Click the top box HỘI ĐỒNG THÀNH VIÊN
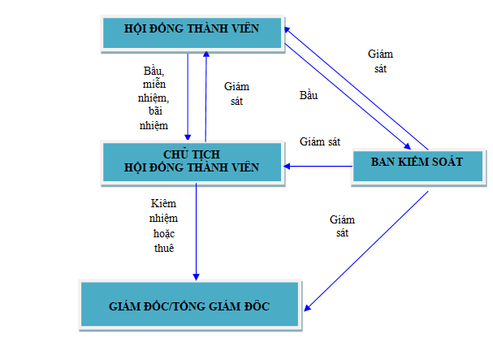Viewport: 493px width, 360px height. [192, 29]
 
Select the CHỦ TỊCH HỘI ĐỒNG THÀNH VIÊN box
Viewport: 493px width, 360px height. [192, 160]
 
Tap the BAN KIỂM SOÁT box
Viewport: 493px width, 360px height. [417, 163]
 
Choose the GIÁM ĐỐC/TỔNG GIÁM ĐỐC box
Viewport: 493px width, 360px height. [189, 306]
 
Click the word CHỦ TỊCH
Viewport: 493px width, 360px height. [192, 154]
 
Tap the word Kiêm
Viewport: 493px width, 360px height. [163, 202]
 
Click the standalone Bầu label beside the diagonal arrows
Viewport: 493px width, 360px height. [308, 96]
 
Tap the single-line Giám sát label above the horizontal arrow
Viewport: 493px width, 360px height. [319, 141]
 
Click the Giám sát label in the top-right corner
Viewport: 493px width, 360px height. [380, 62]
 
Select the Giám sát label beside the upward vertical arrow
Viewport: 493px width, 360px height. [236, 94]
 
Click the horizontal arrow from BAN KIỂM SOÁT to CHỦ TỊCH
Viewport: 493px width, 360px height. [317, 166]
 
